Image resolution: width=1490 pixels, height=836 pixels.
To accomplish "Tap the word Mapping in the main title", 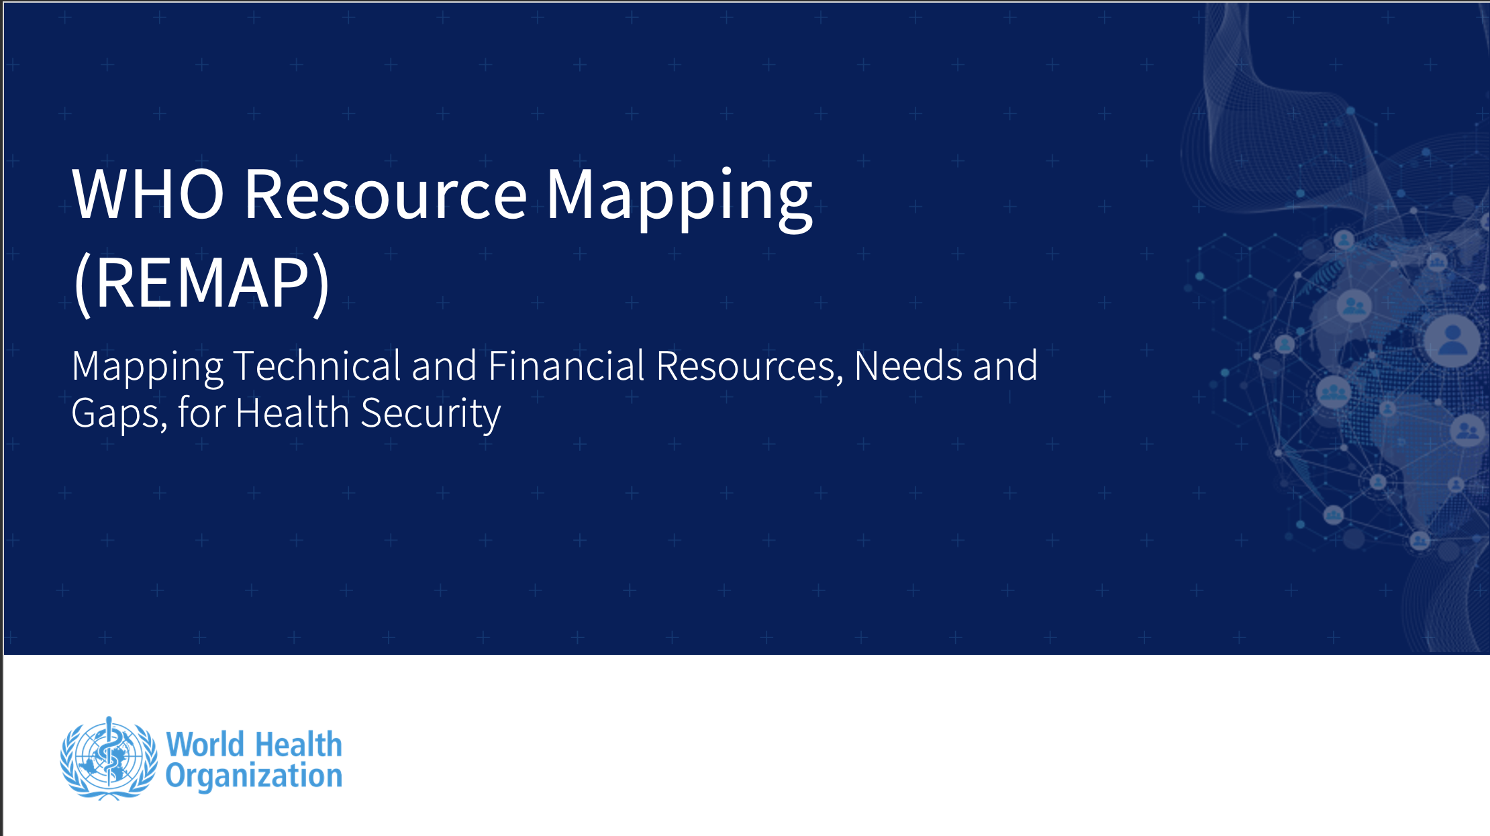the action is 679,199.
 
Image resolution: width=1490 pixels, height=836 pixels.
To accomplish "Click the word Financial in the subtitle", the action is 566,366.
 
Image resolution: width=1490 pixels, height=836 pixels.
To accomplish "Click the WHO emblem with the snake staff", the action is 109,758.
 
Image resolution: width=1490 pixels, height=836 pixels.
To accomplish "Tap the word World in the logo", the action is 205,745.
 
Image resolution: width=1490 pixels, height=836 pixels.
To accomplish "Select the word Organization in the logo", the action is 254,776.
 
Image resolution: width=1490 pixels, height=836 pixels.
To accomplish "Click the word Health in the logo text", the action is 299,745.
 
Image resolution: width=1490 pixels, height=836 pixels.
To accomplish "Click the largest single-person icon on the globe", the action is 1452,341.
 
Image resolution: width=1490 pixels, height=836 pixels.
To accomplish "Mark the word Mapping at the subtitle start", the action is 147,368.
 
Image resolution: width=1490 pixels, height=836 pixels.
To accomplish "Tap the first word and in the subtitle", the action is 444,366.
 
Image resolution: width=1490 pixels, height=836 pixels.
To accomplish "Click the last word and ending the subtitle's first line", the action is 1005,366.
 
